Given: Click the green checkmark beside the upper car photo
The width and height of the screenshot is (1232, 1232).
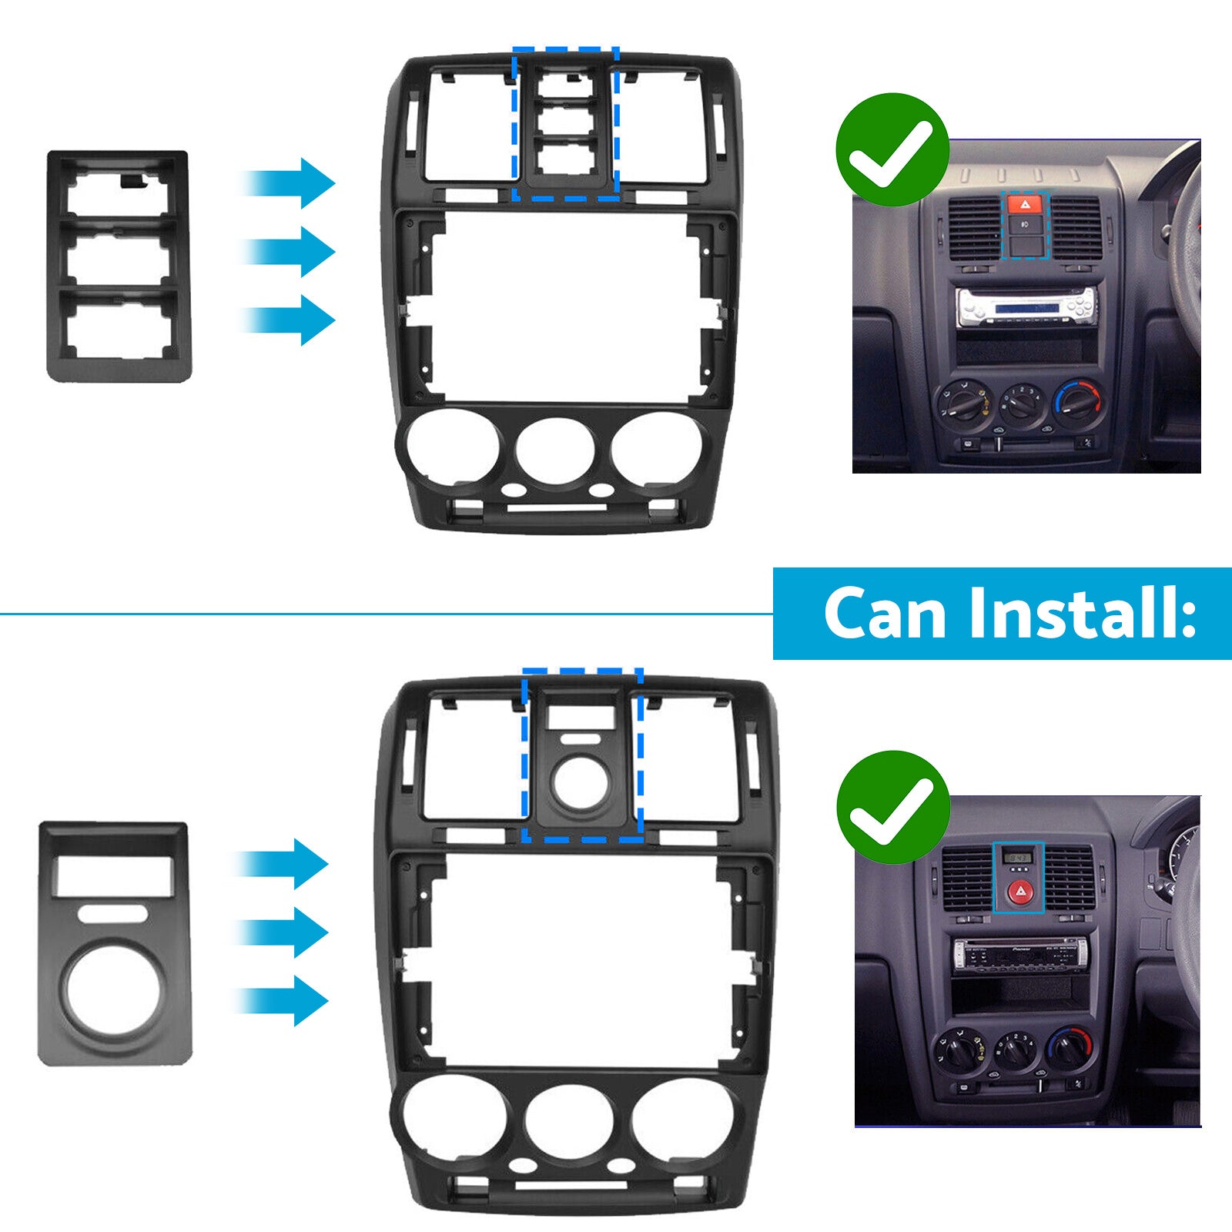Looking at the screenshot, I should click(892, 149).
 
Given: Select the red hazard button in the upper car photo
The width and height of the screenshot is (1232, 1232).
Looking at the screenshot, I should click(1025, 205).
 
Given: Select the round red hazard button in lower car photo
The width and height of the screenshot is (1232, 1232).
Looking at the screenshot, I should click(1018, 892).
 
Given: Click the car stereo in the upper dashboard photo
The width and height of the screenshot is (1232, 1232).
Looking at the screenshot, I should click(1027, 308).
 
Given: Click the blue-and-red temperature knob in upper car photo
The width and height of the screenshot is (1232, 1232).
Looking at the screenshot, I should click(1076, 400).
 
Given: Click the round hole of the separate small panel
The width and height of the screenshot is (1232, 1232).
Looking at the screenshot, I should click(115, 989).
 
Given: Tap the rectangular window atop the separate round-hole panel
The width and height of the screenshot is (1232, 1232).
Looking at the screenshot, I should click(114, 876).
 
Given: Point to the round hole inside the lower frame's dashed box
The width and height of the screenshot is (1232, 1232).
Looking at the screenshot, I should click(581, 784).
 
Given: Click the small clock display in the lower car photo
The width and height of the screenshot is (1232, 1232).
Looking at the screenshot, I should click(1017, 857).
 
